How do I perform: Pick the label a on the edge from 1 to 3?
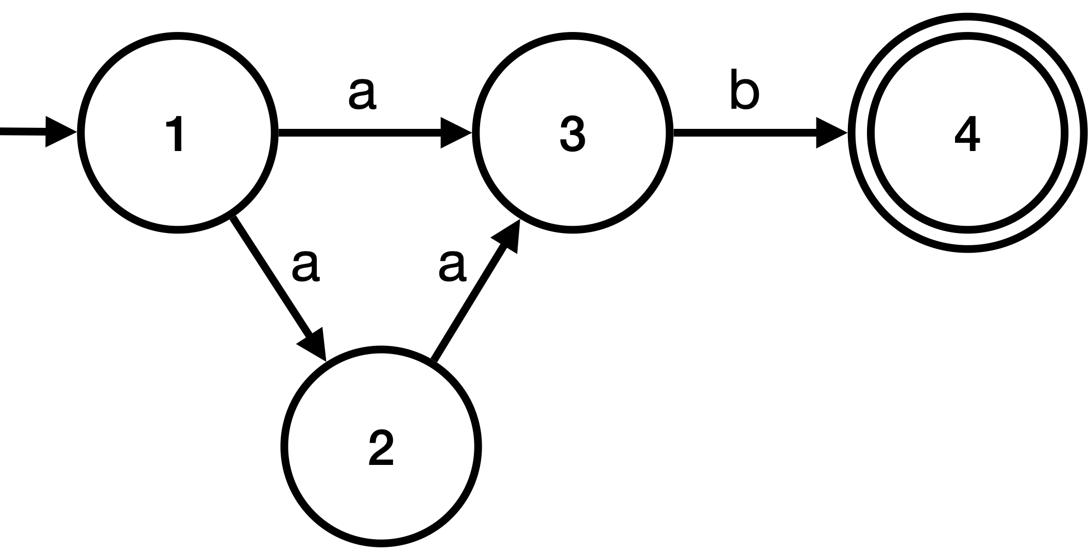362,95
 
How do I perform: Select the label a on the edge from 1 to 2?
306,266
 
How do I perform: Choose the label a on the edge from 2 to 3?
452,266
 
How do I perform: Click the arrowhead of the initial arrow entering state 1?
60,132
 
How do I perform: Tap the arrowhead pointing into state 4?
830,133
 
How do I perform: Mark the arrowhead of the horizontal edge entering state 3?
455,133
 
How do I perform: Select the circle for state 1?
81,133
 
